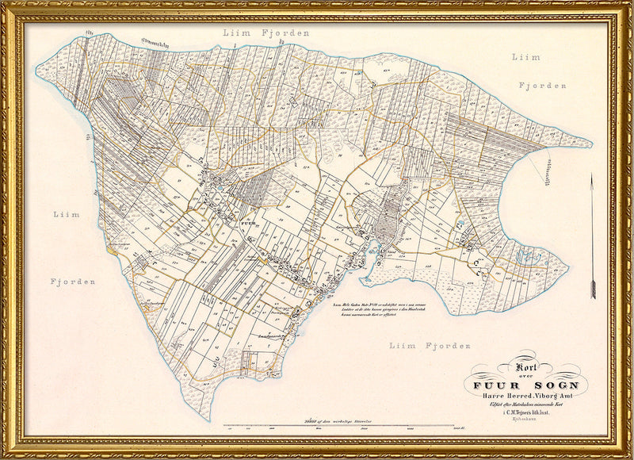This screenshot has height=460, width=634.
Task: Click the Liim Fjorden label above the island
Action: pyautogui.click(x=266, y=33)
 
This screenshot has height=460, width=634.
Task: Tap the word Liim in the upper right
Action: pyautogui.click(x=526, y=57)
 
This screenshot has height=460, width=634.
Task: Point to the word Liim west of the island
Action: pyautogui.click(x=67, y=214)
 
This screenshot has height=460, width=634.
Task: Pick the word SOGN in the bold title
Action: pyautogui.click(x=554, y=386)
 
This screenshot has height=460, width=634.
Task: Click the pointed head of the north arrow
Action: pyautogui.click(x=592, y=179)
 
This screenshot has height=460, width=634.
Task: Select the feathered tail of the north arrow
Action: pyautogui.click(x=592, y=289)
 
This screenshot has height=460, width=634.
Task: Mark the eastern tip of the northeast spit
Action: pyautogui.click(x=591, y=145)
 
